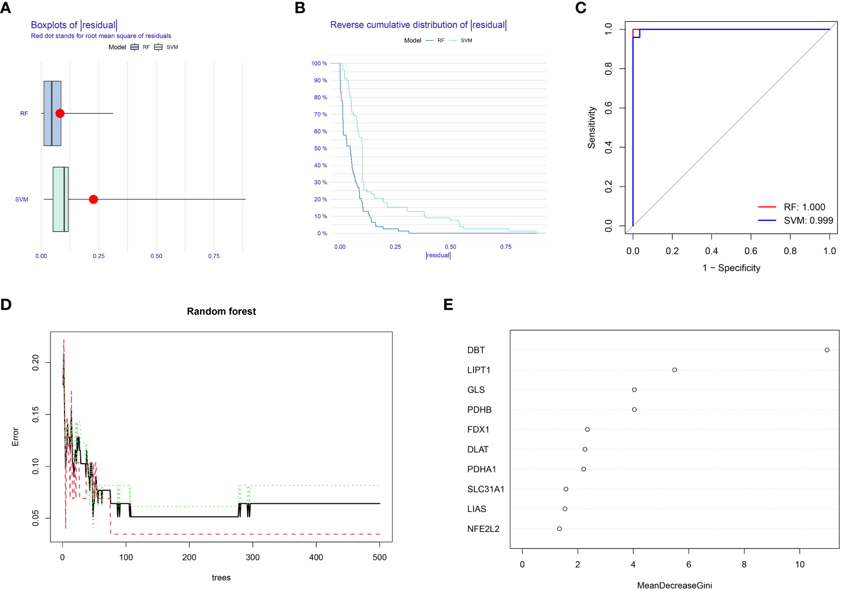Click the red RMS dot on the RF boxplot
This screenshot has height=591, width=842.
60,113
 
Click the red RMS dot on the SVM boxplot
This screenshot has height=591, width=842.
93,199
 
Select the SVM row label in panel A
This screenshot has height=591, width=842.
22,199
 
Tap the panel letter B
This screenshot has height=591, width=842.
300,8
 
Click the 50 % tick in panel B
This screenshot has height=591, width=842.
320,148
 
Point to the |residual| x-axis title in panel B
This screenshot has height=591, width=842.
438,255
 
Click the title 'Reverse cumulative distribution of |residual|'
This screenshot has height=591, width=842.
418,25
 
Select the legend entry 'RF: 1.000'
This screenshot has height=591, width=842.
804,207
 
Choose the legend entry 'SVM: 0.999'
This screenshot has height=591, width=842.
808,220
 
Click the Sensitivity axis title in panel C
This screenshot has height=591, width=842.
592,127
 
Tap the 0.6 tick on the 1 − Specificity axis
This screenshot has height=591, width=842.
751,251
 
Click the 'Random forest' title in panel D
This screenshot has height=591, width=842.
221,311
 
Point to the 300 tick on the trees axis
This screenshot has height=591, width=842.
253,557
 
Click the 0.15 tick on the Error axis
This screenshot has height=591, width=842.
36,414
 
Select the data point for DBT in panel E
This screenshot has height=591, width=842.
827,350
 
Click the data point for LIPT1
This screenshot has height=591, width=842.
674,370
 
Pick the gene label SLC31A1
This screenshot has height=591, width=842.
486,489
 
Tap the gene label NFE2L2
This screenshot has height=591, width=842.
483,529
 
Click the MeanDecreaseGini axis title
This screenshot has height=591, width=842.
674,585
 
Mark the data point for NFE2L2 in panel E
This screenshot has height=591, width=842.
560,529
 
